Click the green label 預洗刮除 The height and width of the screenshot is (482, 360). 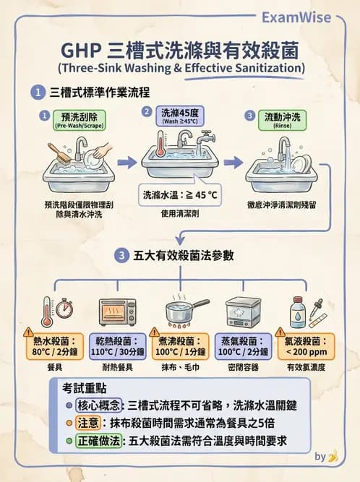[x=74, y=119]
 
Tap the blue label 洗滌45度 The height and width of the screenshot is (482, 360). [x=179, y=115]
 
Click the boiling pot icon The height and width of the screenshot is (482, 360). [x=184, y=310]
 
